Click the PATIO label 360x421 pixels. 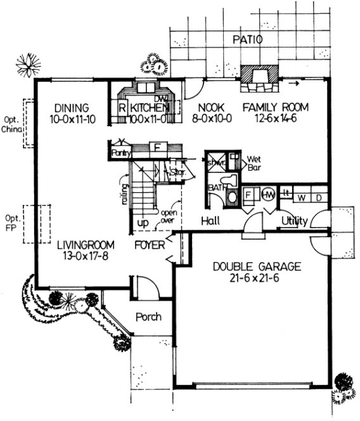pos(247,39)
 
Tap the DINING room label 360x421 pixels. pos(70,107)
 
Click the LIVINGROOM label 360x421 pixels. pos(84,244)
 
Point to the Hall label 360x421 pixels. pos(210,221)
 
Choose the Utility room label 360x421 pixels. pos(295,221)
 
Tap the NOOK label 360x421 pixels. pos(207,107)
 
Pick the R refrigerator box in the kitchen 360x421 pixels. pos(122,107)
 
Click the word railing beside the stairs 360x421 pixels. pos(125,193)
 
